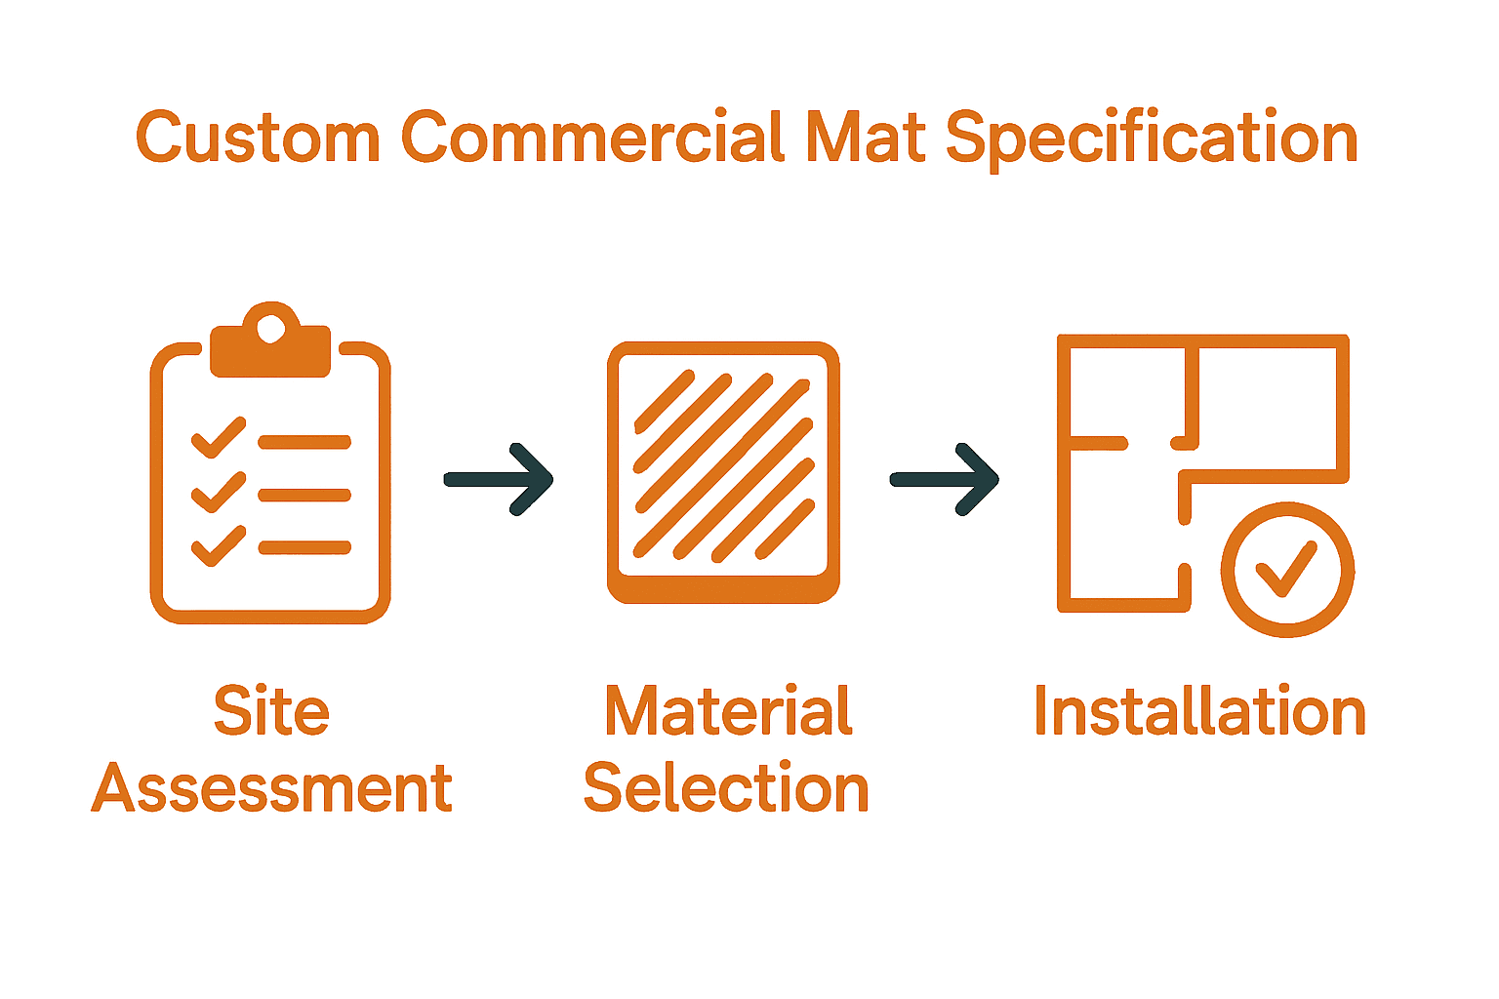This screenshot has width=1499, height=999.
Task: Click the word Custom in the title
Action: click(x=257, y=138)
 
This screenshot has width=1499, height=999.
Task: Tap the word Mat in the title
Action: click(x=866, y=138)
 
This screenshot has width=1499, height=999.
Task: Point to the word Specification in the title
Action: click(x=1151, y=140)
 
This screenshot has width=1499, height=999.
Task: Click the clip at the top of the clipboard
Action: click(x=270, y=341)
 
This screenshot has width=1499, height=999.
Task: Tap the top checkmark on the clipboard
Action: click(x=218, y=437)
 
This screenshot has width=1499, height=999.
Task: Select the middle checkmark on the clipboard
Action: click(x=218, y=492)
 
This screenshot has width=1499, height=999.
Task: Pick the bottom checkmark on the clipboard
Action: click(x=218, y=545)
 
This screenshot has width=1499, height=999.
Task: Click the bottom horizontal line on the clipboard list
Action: click(x=304, y=547)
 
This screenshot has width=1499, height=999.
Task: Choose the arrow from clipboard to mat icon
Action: click(x=499, y=479)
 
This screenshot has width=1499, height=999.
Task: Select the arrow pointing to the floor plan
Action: click(x=945, y=479)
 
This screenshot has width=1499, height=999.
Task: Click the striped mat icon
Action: click(x=723, y=472)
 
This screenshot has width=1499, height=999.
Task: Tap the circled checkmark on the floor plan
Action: click(x=1287, y=570)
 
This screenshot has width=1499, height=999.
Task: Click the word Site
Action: click(x=271, y=711)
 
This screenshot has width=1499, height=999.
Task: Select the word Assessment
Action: click(x=272, y=788)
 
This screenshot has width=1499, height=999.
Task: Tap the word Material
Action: click(x=728, y=711)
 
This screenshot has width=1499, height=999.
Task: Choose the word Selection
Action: click(x=726, y=788)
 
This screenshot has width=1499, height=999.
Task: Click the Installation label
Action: click(x=1199, y=711)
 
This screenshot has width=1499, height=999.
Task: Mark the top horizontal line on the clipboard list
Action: click(x=304, y=442)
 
